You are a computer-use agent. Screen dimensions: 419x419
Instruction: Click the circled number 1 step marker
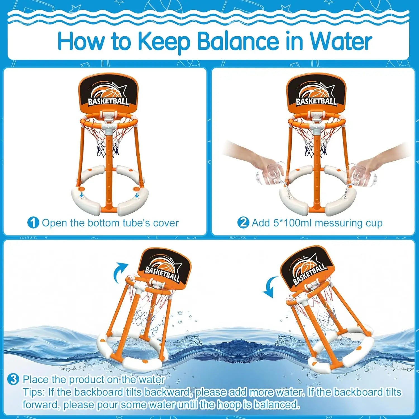33,223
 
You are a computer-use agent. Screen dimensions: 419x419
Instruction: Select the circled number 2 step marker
243,223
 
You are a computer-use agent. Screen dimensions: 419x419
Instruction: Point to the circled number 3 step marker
13,379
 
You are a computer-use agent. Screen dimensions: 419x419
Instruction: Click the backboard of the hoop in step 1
108,94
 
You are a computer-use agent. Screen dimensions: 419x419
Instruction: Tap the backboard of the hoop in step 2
316,94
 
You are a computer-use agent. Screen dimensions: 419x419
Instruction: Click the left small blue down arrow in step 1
81,195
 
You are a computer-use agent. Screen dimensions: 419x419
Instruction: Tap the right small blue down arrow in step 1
137,195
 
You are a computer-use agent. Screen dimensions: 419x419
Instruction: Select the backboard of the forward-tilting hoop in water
307,270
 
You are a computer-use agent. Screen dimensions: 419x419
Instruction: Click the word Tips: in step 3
34,392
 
